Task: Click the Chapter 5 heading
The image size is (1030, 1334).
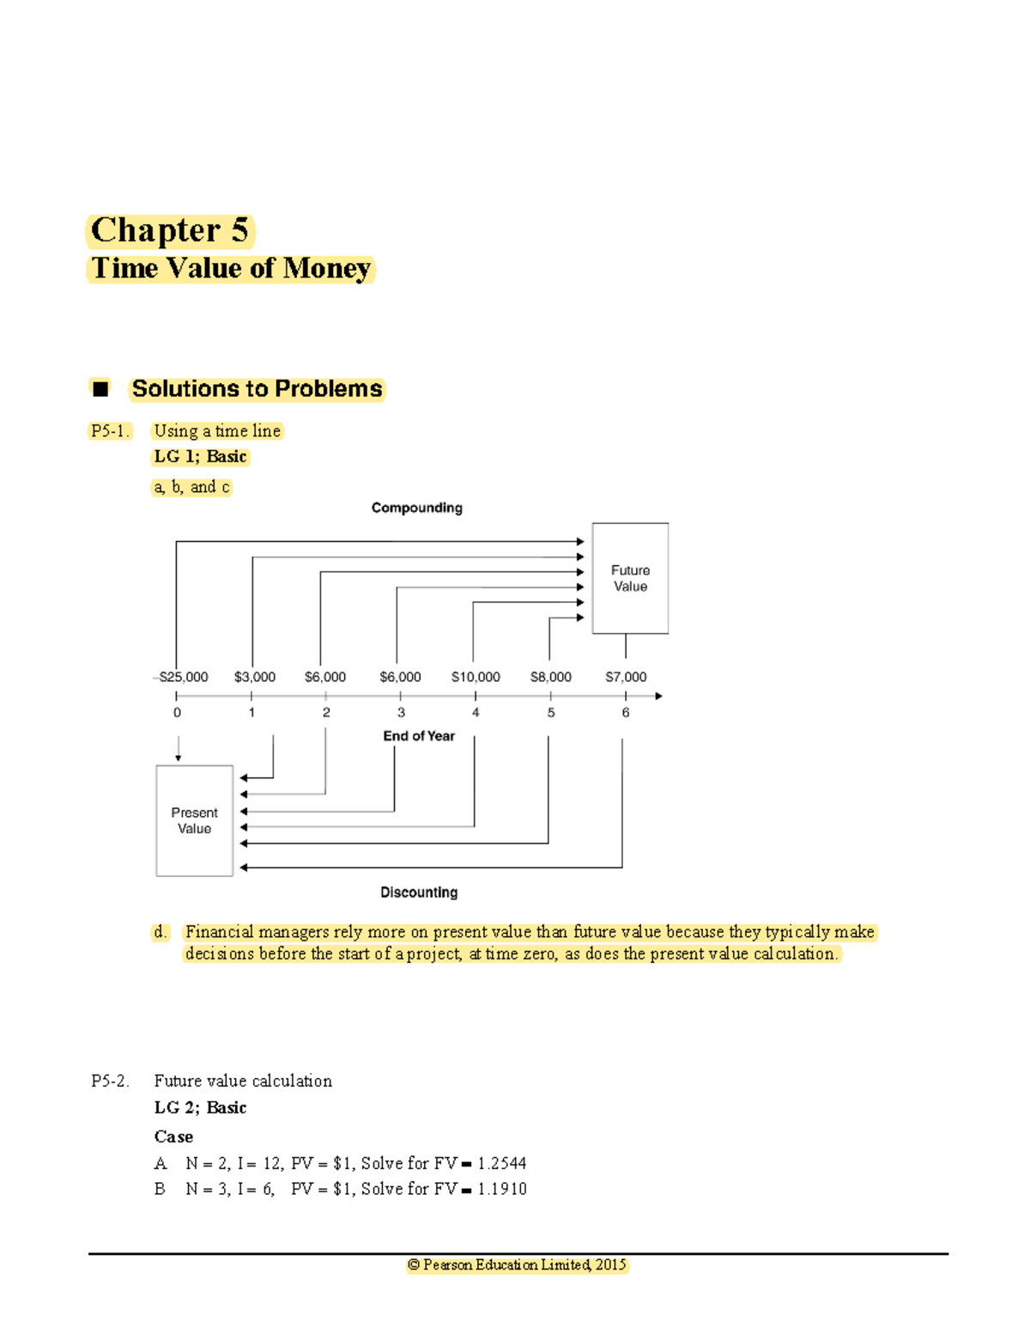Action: [x=170, y=230]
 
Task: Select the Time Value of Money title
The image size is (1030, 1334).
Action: [x=231, y=268]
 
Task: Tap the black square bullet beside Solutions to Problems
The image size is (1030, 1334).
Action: [x=100, y=388]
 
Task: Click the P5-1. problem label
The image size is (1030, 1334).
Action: [x=110, y=431]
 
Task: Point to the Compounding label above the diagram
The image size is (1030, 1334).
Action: [x=416, y=508]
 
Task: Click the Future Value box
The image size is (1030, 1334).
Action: [x=630, y=578]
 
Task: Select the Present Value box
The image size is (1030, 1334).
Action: [x=194, y=820]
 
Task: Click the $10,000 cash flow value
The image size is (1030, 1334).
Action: [x=476, y=677]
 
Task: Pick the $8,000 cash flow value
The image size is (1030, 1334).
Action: [x=550, y=677]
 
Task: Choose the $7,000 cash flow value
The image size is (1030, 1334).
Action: [x=626, y=677]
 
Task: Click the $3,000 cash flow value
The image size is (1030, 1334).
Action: [x=254, y=677]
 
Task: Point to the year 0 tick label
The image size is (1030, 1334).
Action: [x=177, y=712]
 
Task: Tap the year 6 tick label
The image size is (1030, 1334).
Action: [x=626, y=712]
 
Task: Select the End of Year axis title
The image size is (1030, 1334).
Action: [x=419, y=736]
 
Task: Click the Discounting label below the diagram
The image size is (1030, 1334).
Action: [x=419, y=892]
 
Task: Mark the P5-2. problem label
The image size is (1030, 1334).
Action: [x=110, y=1081]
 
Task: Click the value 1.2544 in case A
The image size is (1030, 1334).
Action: [x=502, y=1163]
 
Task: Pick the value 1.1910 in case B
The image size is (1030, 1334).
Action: [x=502, y=1189]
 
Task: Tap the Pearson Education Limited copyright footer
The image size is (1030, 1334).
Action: [x=518, y=1264]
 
